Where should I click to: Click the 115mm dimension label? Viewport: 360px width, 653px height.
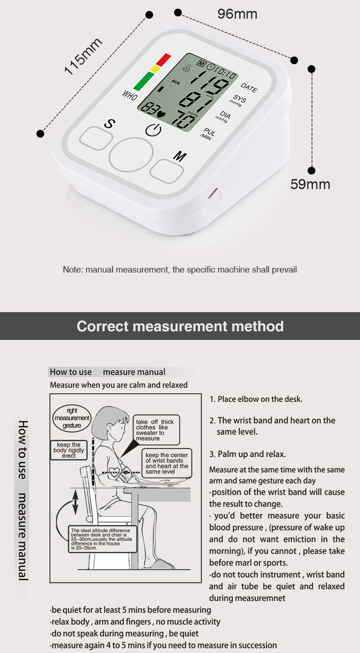(x=83, y=57)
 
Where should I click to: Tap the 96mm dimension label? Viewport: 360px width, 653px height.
(x=237, y=14)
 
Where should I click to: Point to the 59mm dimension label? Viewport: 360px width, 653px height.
(x=310, y=185)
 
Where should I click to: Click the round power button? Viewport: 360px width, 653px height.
(x=131, y=154)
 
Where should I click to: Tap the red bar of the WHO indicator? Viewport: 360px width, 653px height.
(x=163, y=59)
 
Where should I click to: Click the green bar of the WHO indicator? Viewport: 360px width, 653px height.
(x=144, y=81)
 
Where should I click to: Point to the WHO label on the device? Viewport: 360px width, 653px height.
(x=129, y=95)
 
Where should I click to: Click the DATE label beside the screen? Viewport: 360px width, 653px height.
(x=249, y=87)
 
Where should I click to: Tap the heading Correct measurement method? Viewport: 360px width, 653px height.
(x=180, y=326)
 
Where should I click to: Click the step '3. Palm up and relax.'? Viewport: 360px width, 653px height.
(x=247, y=454)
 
